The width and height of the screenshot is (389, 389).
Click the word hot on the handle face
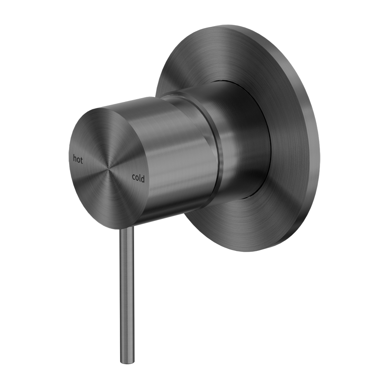pyautogui.click(x=78, y=159)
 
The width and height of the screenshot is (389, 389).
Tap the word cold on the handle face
pyautogui.click(x=138, y=178)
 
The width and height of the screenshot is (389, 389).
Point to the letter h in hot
pyautogui.click(x=75, y=158)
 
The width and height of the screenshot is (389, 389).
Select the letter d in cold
pyautogui.click(x=143, y=179)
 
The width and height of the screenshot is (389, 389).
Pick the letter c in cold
pyautogui.click(x=133, y=178)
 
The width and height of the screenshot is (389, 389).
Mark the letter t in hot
pyautogui.click(x=82, y=159)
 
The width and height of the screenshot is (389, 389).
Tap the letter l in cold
pyautogui.click(x=140, y=178)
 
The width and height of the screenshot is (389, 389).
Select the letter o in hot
pyautogui.click(x=78, y=159)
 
